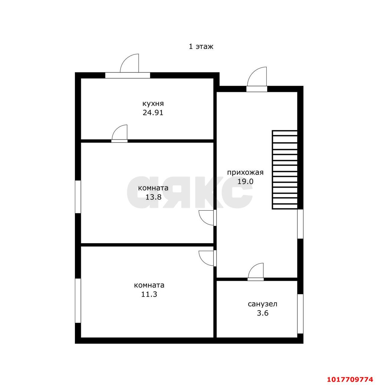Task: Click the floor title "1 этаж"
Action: point(201,47)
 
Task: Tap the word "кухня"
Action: point(153,104)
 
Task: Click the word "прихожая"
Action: point(245,173)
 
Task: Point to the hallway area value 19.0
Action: point(245,181)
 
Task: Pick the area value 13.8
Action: point(153,197)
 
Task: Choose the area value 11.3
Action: point(149,294)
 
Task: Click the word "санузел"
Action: point(262,304)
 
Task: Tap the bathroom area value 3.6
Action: point(262,313)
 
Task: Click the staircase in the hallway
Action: point(285,170)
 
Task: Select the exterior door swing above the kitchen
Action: point(129,63)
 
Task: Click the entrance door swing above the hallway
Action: point(257,77)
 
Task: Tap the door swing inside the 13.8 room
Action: point(206,218)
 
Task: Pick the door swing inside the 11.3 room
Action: point(206,258)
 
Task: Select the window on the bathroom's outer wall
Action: point(300,314)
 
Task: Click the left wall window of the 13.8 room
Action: point(78,197)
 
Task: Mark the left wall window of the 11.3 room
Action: point(78,300)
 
